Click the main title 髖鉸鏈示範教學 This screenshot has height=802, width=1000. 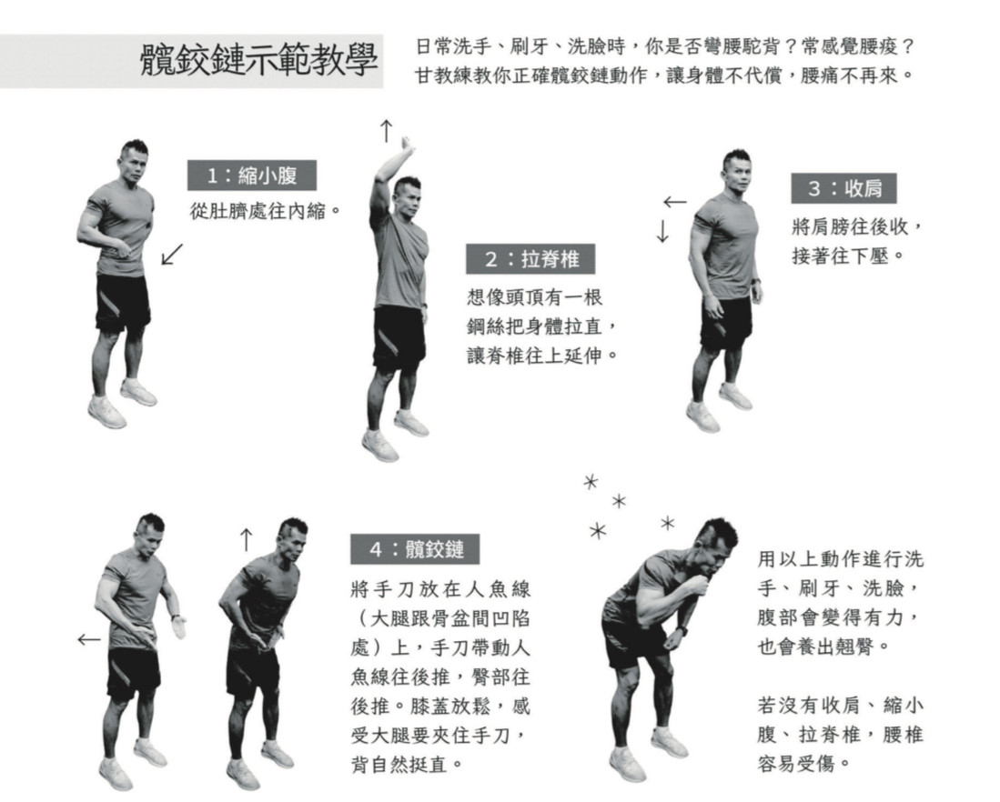pyautogui.click(x=258, y=61)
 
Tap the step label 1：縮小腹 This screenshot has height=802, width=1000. pyautogui.click(x=252, y=175)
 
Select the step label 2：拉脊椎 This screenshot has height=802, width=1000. pyautogui.click(x=530, y=259)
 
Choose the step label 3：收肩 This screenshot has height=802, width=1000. pyautogui.click(x=843, y=188)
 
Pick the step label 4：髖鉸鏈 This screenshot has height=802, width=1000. pyautogui.click(x=415, y=549)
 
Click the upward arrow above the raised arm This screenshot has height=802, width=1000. pyautogui.click(x=386, y=131)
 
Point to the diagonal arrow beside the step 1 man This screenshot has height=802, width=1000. pyautogui.click(x=172, y=254)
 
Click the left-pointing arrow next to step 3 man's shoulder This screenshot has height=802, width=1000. pyautogui.click(x=675, y=203)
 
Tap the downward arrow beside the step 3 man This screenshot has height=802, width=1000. pyautogui.click(x=662, y=231)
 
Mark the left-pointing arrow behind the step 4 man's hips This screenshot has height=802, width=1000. pyautogui.click(x=89, y=639)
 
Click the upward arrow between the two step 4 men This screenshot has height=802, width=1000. pyautogui.click(x=247, y=539)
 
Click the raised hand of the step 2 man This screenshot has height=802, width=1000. pyautogui.click(x=406, y=145)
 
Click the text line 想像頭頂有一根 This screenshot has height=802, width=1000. pyautogui.click(x=534, y=297)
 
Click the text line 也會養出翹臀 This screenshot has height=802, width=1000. pyautogui.click(x=815, y=647)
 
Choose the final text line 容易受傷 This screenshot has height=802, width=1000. pyautogui.click(x=796, y=763)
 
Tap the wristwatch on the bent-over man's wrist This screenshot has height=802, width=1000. pyautogui.click(x=683, y=631)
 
